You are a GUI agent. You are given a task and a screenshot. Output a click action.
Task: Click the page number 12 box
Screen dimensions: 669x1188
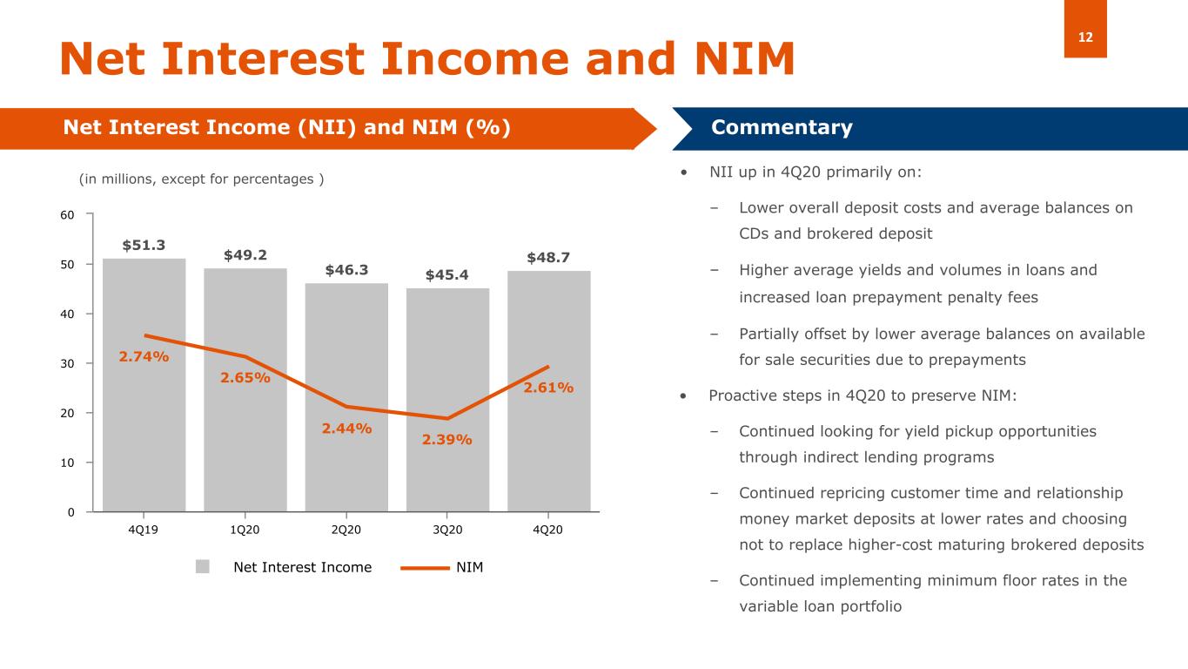1085,30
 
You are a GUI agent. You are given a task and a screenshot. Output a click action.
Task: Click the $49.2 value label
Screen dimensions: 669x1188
245,255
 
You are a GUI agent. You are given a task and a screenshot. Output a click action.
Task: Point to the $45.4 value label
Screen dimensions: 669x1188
447,275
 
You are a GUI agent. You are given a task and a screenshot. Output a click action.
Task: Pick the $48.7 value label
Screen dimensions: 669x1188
548,258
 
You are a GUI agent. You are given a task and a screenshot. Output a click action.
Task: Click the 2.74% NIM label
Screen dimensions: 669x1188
144,356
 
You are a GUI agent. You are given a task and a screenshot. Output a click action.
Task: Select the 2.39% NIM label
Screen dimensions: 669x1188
447,440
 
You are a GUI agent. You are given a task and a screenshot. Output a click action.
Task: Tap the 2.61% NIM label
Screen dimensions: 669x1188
548,388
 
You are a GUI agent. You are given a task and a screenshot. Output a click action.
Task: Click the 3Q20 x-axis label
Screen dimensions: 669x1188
447,530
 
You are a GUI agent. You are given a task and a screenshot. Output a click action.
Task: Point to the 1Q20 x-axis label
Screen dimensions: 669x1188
245,530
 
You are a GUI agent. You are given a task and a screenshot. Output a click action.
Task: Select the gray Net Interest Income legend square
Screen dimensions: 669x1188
203,567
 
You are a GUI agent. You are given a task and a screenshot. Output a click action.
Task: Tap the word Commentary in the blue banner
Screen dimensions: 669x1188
782,128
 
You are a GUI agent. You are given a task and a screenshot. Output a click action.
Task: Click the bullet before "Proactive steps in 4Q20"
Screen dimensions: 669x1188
685,396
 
